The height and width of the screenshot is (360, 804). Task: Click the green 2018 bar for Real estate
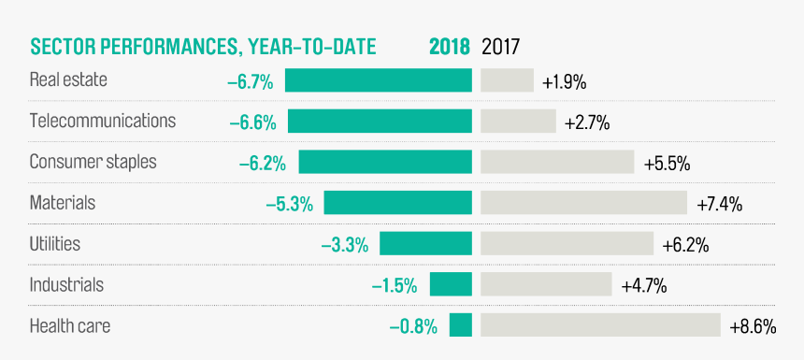379,80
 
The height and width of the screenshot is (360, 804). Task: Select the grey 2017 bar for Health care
600,325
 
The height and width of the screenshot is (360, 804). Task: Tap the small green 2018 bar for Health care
461,325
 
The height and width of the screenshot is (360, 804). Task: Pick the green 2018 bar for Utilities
425,244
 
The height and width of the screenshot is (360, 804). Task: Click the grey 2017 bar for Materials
583,203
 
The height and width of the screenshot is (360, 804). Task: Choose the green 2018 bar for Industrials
451,285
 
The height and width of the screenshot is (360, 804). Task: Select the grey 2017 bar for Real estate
507,80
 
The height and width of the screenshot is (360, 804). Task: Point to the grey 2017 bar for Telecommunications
518,122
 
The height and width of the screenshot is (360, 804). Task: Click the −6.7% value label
251,82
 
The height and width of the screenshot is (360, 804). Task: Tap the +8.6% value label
753,327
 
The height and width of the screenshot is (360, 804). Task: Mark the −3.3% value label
344,246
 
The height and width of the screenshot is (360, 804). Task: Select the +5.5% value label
667,164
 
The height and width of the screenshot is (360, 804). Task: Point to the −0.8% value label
413,327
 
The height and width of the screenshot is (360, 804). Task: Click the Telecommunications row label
103,122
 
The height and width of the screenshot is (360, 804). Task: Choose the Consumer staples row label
93,162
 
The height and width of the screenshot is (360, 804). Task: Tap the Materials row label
63,203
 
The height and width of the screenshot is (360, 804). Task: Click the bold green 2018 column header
450,47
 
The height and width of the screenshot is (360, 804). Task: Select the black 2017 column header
500,47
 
